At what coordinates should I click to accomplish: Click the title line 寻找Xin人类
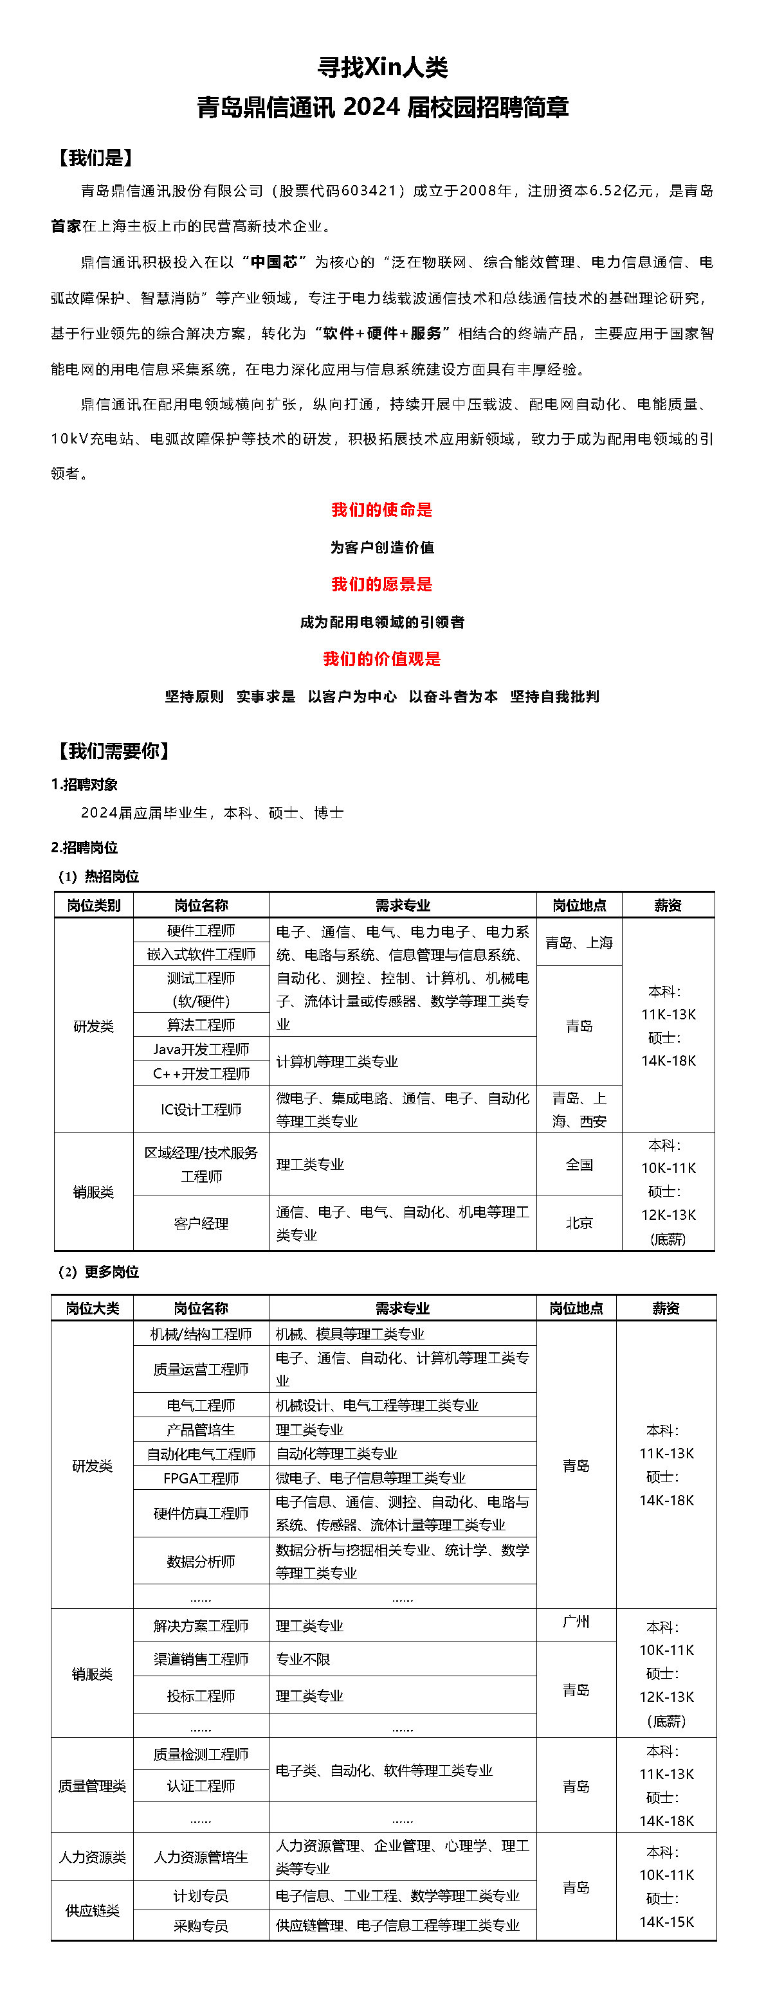point(382,67)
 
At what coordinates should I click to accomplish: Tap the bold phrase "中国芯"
point(274,262)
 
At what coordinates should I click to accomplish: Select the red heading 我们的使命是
point(381,510)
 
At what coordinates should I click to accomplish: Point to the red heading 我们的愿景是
point(381,584)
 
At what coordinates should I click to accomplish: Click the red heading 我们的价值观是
point(381,659)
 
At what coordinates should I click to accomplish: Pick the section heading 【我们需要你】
point(113,751)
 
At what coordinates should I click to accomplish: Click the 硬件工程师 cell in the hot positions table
point(201,931)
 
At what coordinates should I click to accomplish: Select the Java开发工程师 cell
point(201,1050)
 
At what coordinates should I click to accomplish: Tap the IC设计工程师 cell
point(201,1109)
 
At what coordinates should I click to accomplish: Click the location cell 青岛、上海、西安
point(579,1109)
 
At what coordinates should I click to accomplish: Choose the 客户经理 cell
point(201,1224)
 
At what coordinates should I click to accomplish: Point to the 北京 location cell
point(579,1223)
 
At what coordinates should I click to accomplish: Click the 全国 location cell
point(579,1165)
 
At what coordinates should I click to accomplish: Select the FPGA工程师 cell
point(201,1478)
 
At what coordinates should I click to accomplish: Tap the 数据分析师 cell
point(201,1561)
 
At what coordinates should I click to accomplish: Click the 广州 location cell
point(576,1622)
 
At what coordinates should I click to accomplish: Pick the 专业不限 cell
point(303,1660)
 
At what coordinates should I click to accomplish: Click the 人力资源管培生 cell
point(201,1857)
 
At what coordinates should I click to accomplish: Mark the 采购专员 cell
point(201,1926)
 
